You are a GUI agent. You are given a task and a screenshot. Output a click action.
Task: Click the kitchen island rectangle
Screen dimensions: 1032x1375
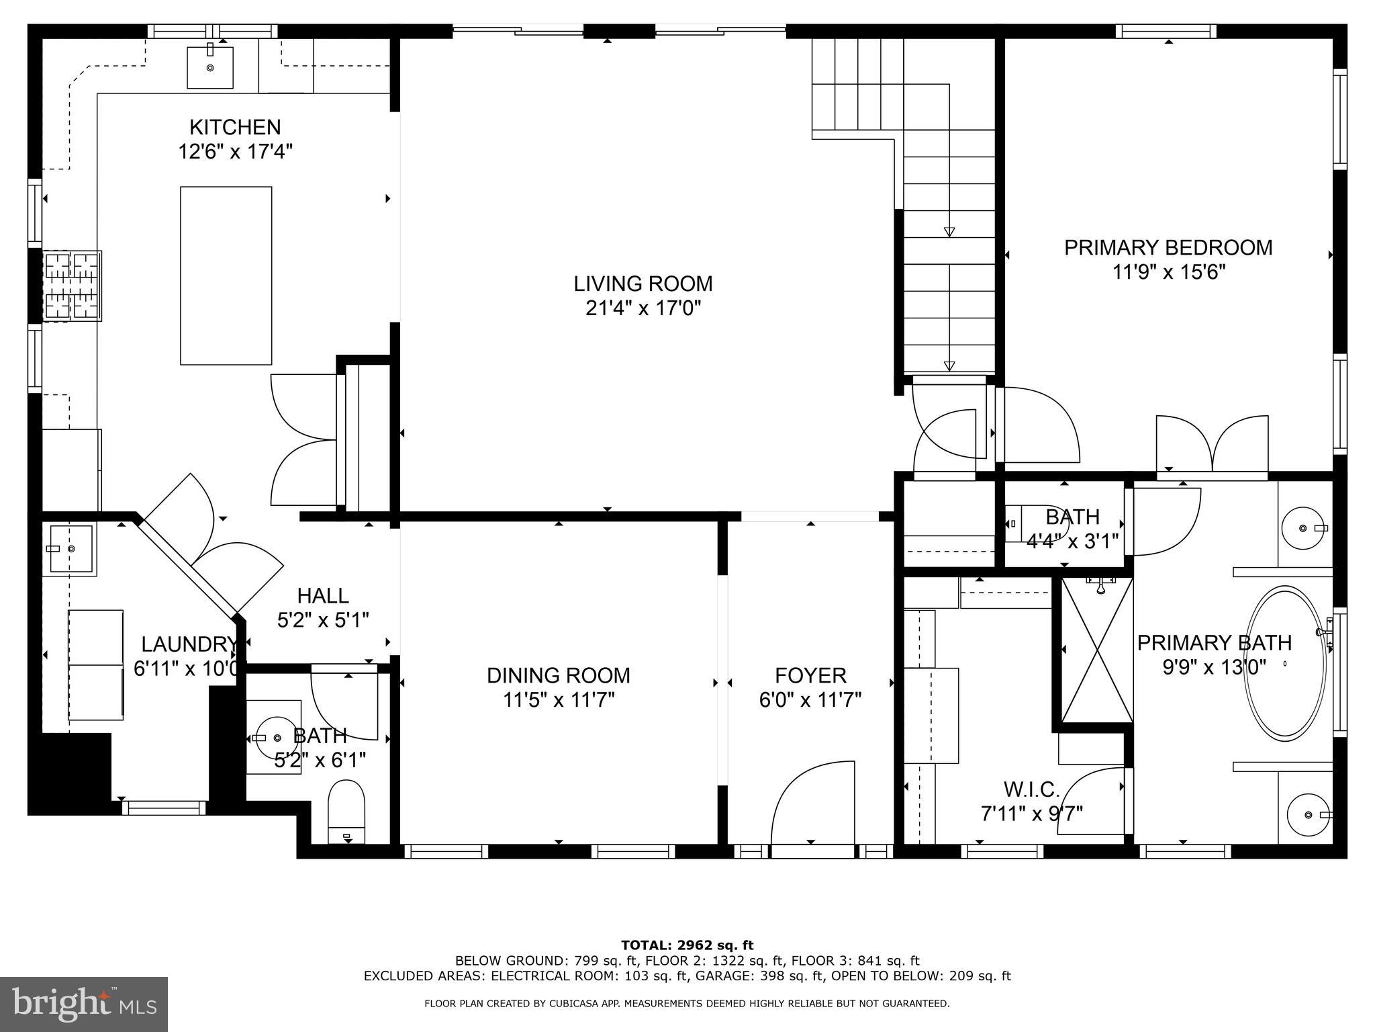(226, 275)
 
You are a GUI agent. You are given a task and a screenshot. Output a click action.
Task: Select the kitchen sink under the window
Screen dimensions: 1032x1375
(210, 67)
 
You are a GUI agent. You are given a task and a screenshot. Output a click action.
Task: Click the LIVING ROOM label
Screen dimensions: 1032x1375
(643, 284)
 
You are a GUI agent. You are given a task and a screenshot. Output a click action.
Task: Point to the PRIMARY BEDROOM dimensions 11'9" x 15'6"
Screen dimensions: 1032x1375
(1168, 272)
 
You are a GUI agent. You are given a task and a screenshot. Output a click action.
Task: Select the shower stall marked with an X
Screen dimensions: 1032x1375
(1096, 650)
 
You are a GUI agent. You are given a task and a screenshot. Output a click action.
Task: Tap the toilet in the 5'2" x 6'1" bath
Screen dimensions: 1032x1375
(346, 810)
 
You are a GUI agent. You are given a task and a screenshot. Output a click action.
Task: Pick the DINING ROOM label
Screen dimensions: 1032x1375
(558, 675)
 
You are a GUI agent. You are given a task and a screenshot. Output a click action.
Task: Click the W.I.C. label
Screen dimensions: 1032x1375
(1032, 789)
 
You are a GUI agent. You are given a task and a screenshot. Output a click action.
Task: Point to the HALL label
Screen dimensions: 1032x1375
(323, 595)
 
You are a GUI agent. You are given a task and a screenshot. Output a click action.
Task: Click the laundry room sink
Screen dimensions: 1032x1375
(70, 549)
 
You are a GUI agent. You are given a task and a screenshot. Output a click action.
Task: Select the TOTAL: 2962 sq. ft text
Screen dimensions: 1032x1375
(687, 945)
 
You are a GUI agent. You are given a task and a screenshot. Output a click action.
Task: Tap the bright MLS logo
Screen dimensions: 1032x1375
(84, 1004)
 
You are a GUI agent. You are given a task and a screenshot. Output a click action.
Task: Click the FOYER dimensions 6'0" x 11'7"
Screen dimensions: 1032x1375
(810, 701)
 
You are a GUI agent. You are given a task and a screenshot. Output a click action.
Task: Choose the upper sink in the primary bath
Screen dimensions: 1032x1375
(1302, 529)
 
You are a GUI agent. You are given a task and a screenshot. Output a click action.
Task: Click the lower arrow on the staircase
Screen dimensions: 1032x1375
(949, 366)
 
